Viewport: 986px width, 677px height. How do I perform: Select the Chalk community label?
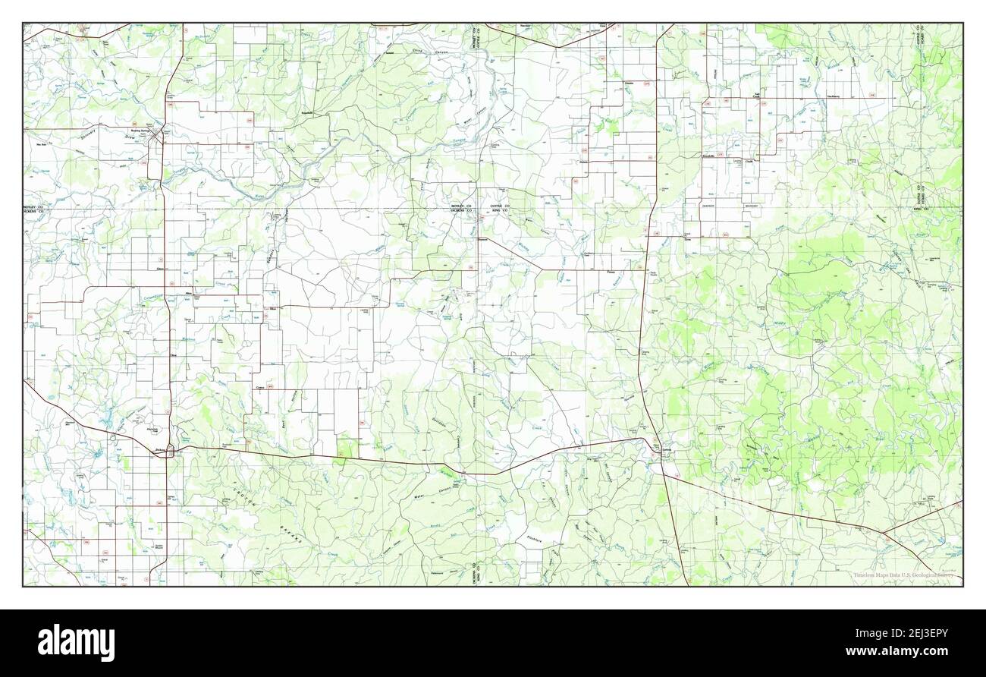[748, 161]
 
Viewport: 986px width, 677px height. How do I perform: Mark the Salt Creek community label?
[756, 96]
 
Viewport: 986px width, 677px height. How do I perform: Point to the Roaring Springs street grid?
[158, 137]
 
